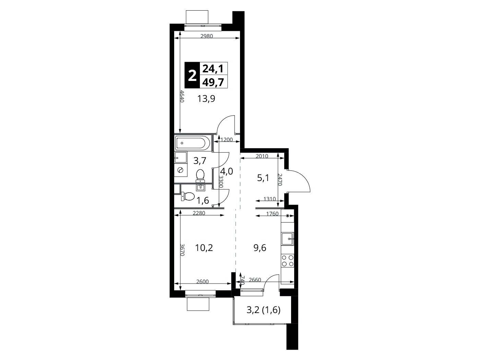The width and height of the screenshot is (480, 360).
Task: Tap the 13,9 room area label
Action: pos(206,99)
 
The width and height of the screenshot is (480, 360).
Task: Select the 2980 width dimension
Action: pos(207,36)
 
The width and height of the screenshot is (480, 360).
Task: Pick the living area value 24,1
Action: pos(213,69)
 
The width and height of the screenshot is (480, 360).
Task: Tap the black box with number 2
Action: pos(192,75)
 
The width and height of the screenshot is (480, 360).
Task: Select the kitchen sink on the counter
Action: pos(287,239)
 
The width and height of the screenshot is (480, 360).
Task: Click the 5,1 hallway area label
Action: pos(263,178)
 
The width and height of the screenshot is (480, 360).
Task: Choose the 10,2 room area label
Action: pos(204,248)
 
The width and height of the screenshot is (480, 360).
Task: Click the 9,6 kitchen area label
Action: pos(260,248)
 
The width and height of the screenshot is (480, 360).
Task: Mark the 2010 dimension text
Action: pos(262,156)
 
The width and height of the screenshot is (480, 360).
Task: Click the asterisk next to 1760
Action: pos(288,216)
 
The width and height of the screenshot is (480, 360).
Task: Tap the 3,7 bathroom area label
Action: pos(200,161)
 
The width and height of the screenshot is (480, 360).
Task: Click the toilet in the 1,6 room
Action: pos(188,196)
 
